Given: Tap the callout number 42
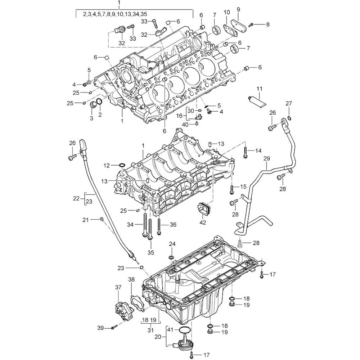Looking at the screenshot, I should (203, 222).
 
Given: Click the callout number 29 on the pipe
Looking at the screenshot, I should (266, 158).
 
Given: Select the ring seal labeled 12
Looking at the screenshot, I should (122, 165).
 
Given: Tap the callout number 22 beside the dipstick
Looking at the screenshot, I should (76, 198).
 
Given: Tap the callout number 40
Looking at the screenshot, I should (185, 124).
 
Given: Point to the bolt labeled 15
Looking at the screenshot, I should (232, 188).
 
